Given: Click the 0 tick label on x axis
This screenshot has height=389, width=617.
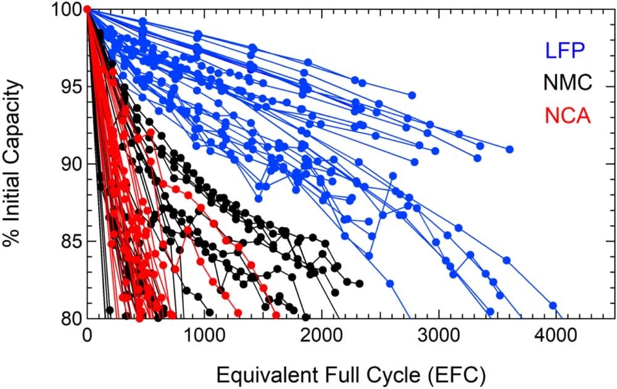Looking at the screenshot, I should point(87,337).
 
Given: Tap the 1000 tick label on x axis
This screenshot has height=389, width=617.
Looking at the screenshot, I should point(204,337).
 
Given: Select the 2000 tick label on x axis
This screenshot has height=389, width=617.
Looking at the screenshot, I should point(321,337).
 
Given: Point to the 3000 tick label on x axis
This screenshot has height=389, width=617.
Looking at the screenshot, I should point(439,337).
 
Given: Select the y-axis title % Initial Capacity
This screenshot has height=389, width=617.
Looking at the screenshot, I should point(14,163).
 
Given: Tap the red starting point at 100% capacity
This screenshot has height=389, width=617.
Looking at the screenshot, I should point(87,9).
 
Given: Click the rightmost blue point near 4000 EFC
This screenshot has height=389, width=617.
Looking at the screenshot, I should point(553,305).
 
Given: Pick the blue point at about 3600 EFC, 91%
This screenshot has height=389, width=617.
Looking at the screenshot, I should point(510,149).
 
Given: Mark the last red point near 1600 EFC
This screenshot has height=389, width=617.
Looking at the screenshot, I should point(274,311).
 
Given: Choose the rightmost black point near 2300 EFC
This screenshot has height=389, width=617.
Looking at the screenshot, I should point(359,284).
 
